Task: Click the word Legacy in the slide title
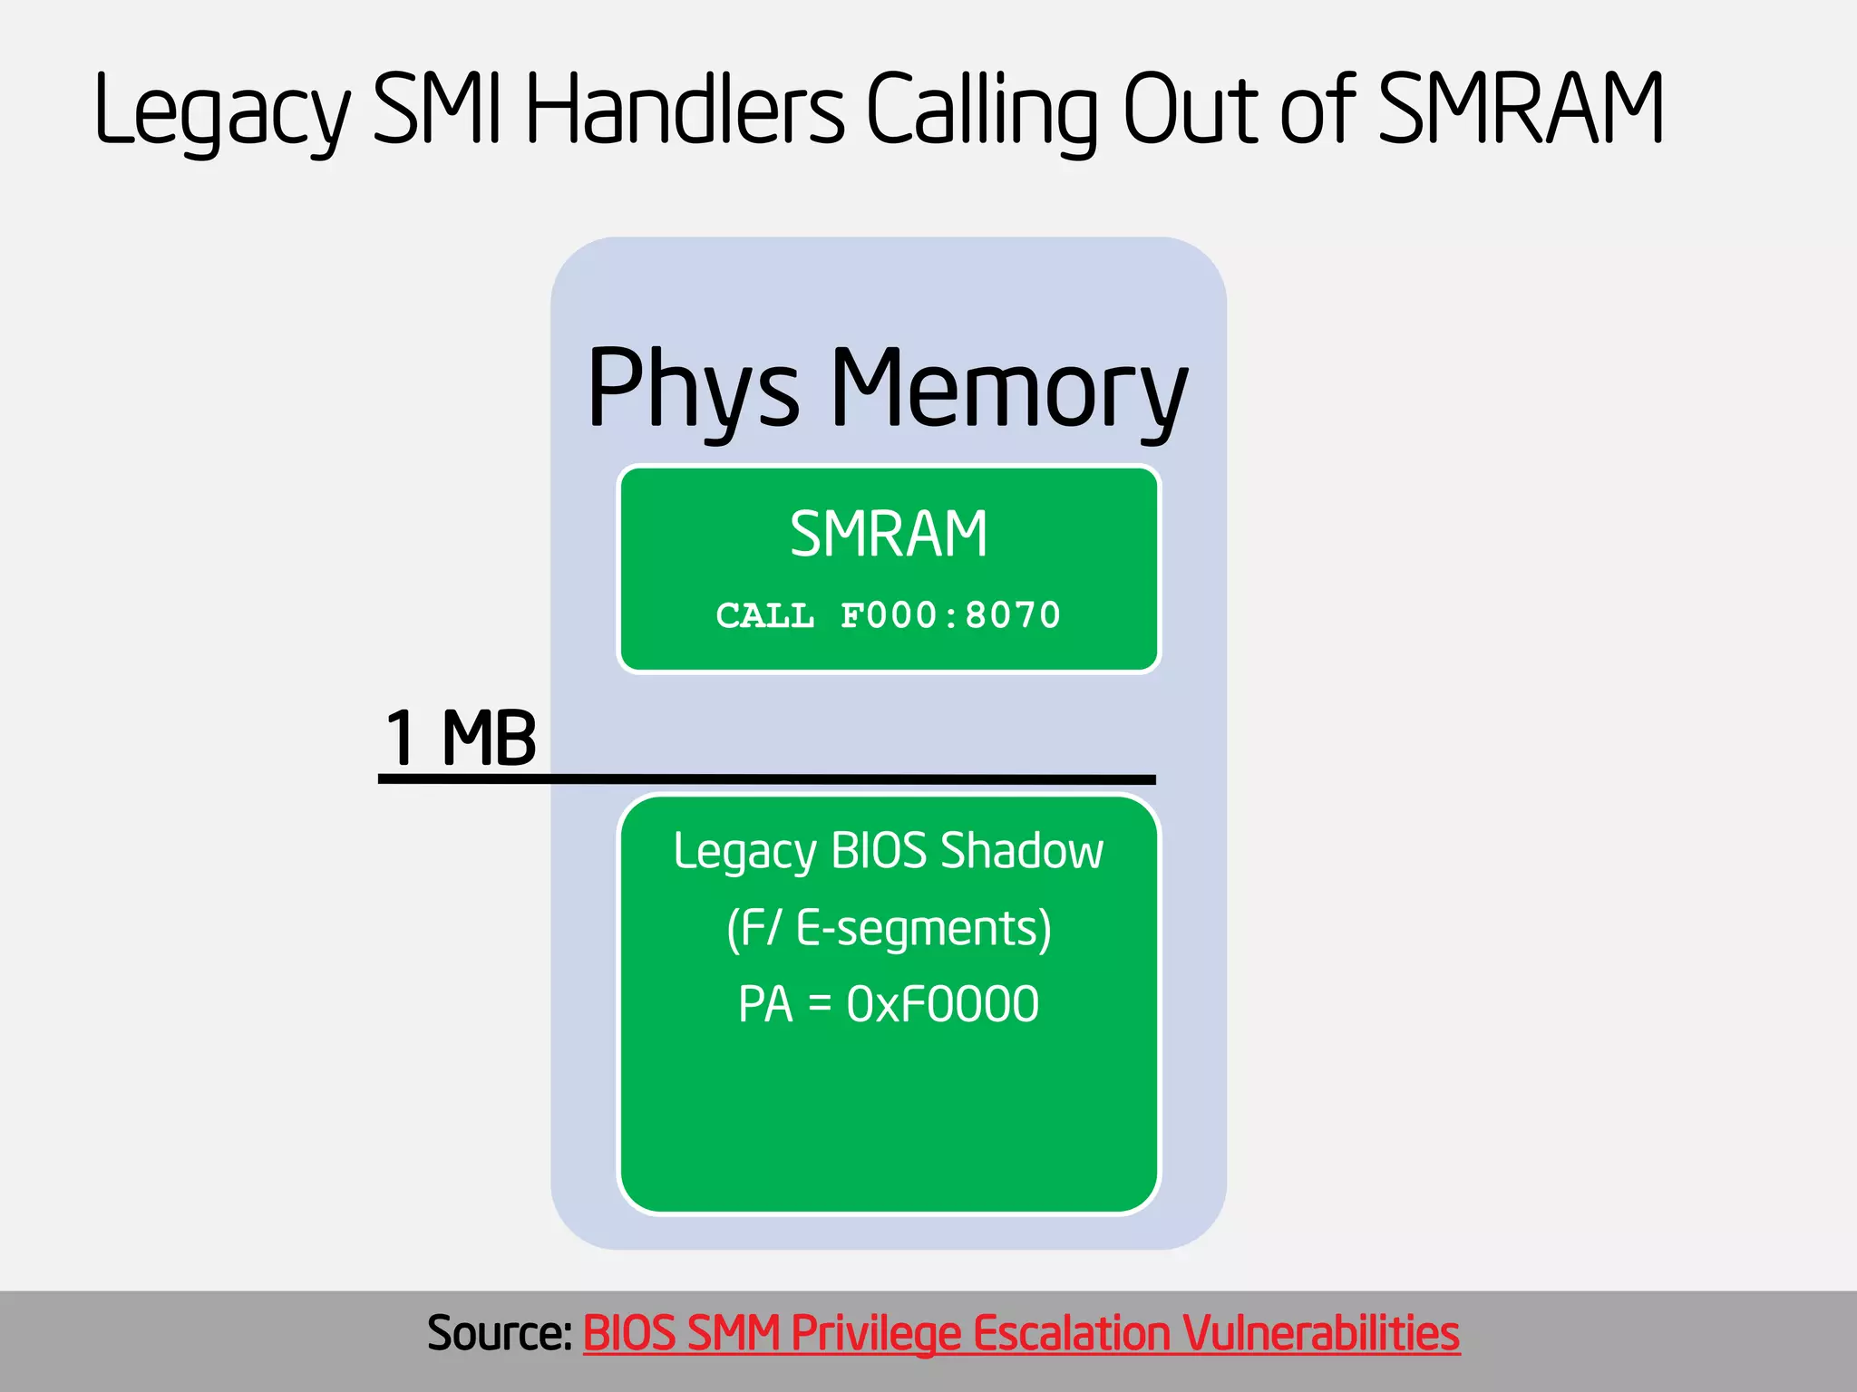(x=221, y=111)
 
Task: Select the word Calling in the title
(x=981, y=111)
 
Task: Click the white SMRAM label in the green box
(x=889, y=535)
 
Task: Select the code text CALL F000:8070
(x=889, y=615)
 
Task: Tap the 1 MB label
(x=461, y=738)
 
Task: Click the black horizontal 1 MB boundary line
(x=766, y=778)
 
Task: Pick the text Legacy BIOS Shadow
(x=889, y=852)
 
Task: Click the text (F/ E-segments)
(x=889, y=929)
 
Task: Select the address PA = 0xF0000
(x=889, y=1004)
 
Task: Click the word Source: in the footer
(x=499, y=1333)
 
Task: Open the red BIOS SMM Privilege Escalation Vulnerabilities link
(x=1021, y=1333)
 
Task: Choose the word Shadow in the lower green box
(x=1022, y=852)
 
